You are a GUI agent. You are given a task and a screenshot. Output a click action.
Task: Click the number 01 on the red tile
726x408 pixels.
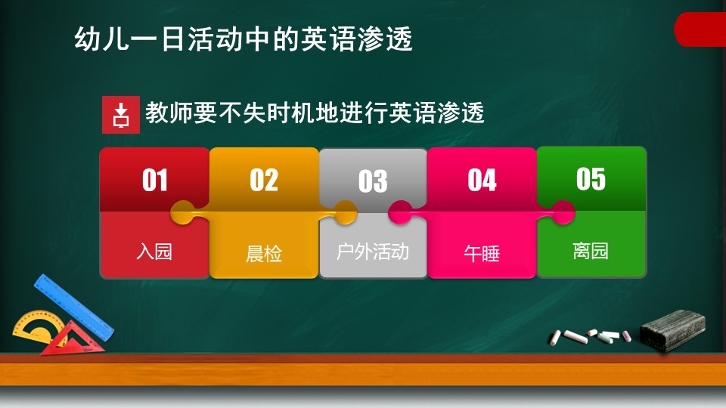click(154, 180)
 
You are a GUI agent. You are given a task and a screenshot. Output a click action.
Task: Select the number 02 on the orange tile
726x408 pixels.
click(264, 180)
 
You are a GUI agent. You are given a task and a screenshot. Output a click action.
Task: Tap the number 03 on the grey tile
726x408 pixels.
click(373, 181)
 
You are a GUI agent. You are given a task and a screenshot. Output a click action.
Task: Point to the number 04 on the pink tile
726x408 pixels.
click(482, 180)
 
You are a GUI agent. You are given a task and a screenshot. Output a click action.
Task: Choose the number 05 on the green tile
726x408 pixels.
click(591, 179)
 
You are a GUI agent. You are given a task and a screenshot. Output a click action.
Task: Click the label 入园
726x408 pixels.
click(154, 252)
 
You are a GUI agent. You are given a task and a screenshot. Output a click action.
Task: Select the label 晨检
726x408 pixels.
click(264, 254)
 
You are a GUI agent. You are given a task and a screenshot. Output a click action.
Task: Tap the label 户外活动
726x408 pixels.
click(373, 252)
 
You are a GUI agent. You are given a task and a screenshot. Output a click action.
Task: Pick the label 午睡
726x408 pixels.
click(482, 254)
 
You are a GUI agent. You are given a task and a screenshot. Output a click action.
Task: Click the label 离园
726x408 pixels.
click(591, 251)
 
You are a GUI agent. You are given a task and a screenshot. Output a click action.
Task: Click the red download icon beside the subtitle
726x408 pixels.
click(121, 115)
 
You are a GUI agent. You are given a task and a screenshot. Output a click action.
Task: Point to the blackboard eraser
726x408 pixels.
click(673, 329)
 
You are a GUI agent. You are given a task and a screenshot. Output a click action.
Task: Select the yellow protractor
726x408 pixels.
click(37, 326)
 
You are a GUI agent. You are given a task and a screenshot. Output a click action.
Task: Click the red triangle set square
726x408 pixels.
click(73, 339)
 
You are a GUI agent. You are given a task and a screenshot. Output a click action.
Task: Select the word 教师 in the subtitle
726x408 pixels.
click(169, 113)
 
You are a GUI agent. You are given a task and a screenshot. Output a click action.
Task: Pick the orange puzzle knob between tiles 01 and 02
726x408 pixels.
click(183, 213)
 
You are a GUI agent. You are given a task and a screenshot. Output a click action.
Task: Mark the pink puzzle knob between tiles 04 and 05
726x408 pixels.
click(563, 213)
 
